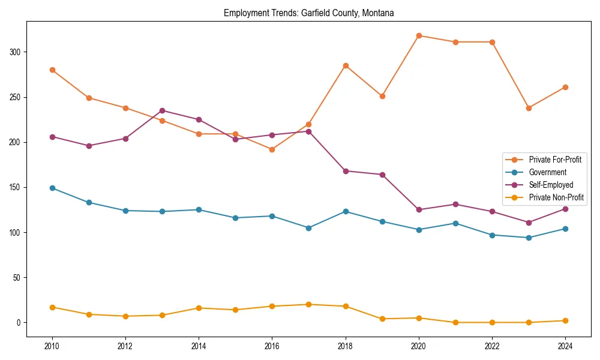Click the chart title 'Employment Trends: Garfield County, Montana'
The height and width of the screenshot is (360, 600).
tap(308, 13)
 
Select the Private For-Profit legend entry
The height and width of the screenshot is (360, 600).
tap(555, 160)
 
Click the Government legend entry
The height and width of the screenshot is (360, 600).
tap(547, 172)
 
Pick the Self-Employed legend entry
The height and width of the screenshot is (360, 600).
tap(551, 185)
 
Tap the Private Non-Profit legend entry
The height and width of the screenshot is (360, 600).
tap(556, 197)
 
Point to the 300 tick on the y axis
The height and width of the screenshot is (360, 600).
tap(16, 52)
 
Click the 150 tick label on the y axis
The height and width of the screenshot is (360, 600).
tap(16, 187)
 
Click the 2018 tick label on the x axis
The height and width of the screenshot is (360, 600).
tap(345, 346)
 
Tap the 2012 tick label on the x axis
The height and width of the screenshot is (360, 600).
tap(125, 346)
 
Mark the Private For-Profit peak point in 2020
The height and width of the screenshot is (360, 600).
tap(419, 35)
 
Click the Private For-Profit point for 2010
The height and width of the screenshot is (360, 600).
tap(52, 70)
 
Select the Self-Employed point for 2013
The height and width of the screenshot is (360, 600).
tap(162, 110)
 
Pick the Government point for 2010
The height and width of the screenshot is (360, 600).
tap(52, 188)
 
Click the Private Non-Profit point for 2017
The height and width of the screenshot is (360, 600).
tap(308, 304)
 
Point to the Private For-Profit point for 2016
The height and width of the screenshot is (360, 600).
tap(272, 149)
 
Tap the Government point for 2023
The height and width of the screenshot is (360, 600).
tap(529, 238)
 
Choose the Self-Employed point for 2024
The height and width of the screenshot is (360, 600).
tap(565, 209)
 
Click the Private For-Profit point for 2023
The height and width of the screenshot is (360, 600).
tap(529, 108)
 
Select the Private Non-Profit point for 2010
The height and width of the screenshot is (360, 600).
tap(52, 307)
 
